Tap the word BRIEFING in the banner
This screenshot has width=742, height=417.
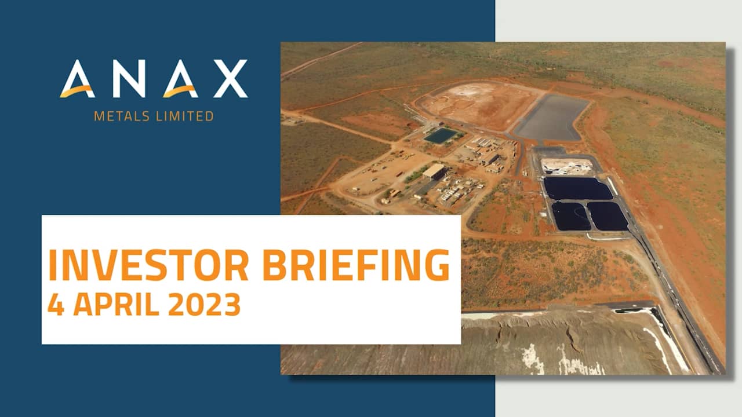356,266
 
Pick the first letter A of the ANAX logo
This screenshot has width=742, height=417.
77,79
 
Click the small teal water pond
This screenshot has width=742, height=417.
441,136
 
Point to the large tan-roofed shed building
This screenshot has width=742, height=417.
434,171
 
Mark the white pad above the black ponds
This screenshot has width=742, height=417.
566,166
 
